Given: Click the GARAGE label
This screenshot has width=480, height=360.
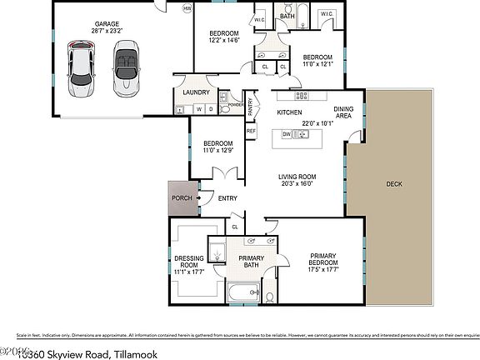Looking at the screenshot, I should coord(106,24).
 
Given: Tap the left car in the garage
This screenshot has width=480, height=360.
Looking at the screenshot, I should coord(82,67).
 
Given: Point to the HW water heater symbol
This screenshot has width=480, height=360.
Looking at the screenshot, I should coord(187,9).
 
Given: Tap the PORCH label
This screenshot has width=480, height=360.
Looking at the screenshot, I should coord(181,197).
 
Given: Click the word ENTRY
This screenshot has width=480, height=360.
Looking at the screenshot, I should coord(227,197).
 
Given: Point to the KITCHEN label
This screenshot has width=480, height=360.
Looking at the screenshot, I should coord(288,112).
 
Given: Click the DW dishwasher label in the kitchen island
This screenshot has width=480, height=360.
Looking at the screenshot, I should coord(286,133).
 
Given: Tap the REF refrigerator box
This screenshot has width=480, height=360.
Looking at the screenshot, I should coord(251,131).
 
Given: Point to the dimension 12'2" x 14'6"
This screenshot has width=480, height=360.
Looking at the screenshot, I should coord(223,39).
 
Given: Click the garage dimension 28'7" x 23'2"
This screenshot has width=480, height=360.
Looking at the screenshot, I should coord(106,32).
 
